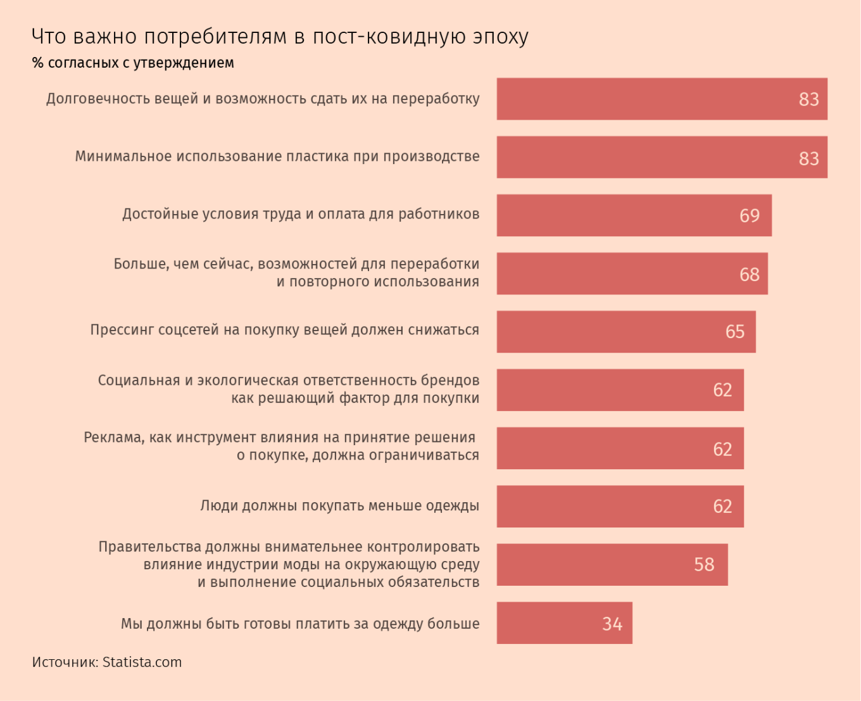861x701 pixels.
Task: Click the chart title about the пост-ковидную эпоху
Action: point(280,37)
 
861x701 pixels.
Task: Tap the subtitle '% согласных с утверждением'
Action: point(133,63)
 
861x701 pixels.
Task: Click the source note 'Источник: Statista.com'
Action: point(107,662)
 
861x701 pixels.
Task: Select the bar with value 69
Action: point(634,215)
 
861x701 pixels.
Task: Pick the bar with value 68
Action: point(632,274)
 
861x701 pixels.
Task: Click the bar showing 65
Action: point(626,332)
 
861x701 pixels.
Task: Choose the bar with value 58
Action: point(612,565)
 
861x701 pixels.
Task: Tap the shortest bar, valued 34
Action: point(564,623)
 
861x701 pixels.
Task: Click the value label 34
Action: point(612,624)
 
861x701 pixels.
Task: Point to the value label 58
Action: point(704,564)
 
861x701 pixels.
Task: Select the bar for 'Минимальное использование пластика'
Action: point(662,157)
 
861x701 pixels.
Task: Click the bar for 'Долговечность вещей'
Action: point(662,99)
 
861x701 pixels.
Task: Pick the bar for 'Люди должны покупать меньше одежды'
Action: point(620,507)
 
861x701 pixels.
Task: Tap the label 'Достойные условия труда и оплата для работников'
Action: point(301,214)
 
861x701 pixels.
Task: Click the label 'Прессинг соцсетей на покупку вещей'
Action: point(284,330)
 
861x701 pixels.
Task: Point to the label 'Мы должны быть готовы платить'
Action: point(300,624)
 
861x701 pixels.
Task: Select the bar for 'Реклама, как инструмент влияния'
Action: point(620,448)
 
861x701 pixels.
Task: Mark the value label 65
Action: point(735,332)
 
